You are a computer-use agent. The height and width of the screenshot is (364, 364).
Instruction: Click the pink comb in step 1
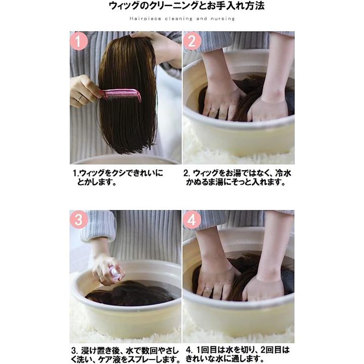[121, 95]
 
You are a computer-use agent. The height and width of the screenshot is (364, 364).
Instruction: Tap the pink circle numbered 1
[79, 41]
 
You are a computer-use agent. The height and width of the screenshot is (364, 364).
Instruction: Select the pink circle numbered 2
[192, 41]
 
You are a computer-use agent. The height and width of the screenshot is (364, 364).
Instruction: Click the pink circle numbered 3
[79, 220]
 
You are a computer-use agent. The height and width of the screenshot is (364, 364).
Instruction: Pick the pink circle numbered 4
[192, 220]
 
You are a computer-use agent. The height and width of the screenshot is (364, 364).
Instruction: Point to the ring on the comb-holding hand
[79, 99]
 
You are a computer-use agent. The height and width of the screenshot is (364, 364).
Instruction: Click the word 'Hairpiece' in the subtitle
[145, 19]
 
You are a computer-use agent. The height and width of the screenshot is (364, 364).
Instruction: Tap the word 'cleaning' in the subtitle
[179, 19]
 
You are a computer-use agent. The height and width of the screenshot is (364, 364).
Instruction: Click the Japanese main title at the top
[187, 6]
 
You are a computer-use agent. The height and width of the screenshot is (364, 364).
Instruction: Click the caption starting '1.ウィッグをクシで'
[118, 177]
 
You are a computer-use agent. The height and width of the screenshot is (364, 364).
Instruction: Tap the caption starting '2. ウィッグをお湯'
[237, 177]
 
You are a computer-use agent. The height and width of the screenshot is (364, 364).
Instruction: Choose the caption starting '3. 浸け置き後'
[125, 354]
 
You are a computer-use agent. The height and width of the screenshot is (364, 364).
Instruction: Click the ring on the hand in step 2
[214, 109]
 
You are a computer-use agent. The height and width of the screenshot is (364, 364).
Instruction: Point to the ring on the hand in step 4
[208, 289]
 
